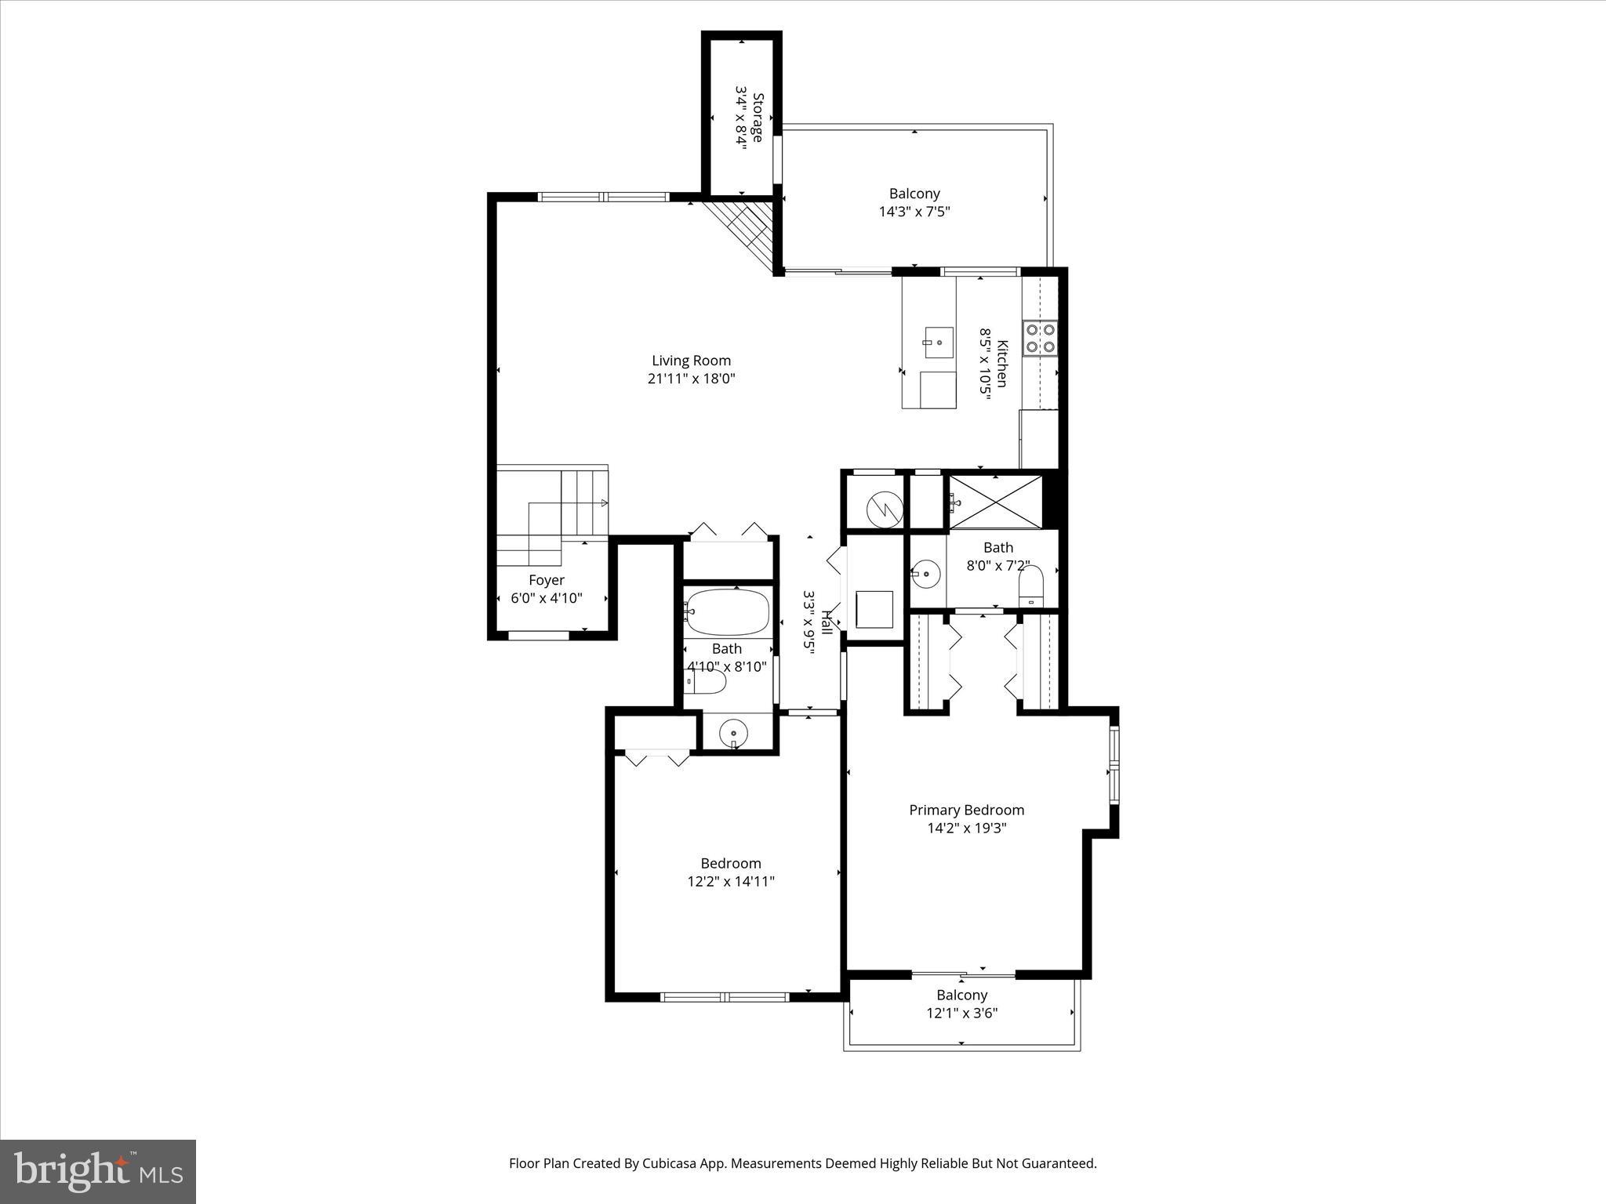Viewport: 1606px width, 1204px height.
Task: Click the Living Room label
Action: pyautogui.click(x=691, y=361)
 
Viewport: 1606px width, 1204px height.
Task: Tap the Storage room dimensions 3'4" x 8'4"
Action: pyautogui.click(x=739, y=118)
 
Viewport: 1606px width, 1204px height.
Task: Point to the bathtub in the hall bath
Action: pyautogui.click(x=727, y=612)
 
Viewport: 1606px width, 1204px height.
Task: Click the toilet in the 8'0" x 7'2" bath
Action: pyautogui.click(x=1031, y=586)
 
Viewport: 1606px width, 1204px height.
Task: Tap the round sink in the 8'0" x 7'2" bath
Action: pyautogui.click(x=926, y=574)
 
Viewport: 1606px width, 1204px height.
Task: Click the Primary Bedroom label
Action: pyautogui.click(x=966, y=810)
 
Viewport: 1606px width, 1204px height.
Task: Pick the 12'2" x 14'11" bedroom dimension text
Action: pyautogui.click(x=731, y=882)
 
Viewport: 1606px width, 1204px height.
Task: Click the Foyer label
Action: pyautogui.click(x=547, y=580)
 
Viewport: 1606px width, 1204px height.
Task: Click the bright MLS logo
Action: pyautogui.click(x=98, y=1172)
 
